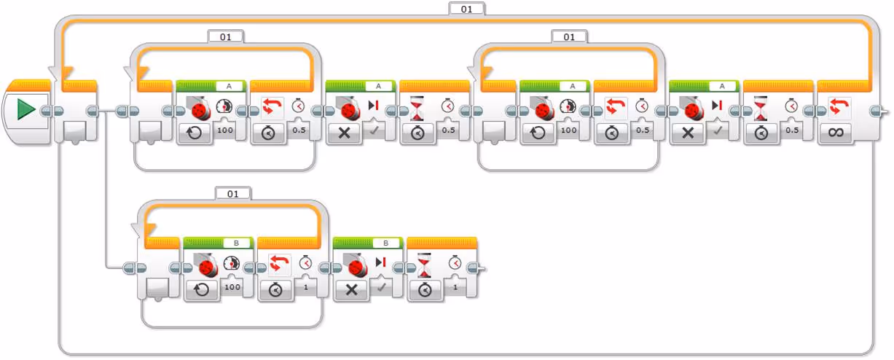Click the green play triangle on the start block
click(x=26, y=109)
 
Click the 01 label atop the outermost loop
click(x=467, y=8)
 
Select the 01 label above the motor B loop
click(x=233, y=193)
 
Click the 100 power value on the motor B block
click(x=232, y=287)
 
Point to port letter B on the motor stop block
click(x=386, y=243)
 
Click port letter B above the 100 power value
click(x=236, y=243)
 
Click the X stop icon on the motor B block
click(x=351, y=289)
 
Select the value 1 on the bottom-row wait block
click(x=456, y=287)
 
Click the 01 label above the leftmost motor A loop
click(x=225, y=36)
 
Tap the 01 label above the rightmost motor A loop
click(x=569, y=36)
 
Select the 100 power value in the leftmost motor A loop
click(x=224, y=130)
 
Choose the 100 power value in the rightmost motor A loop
click(x=568, y=130)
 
